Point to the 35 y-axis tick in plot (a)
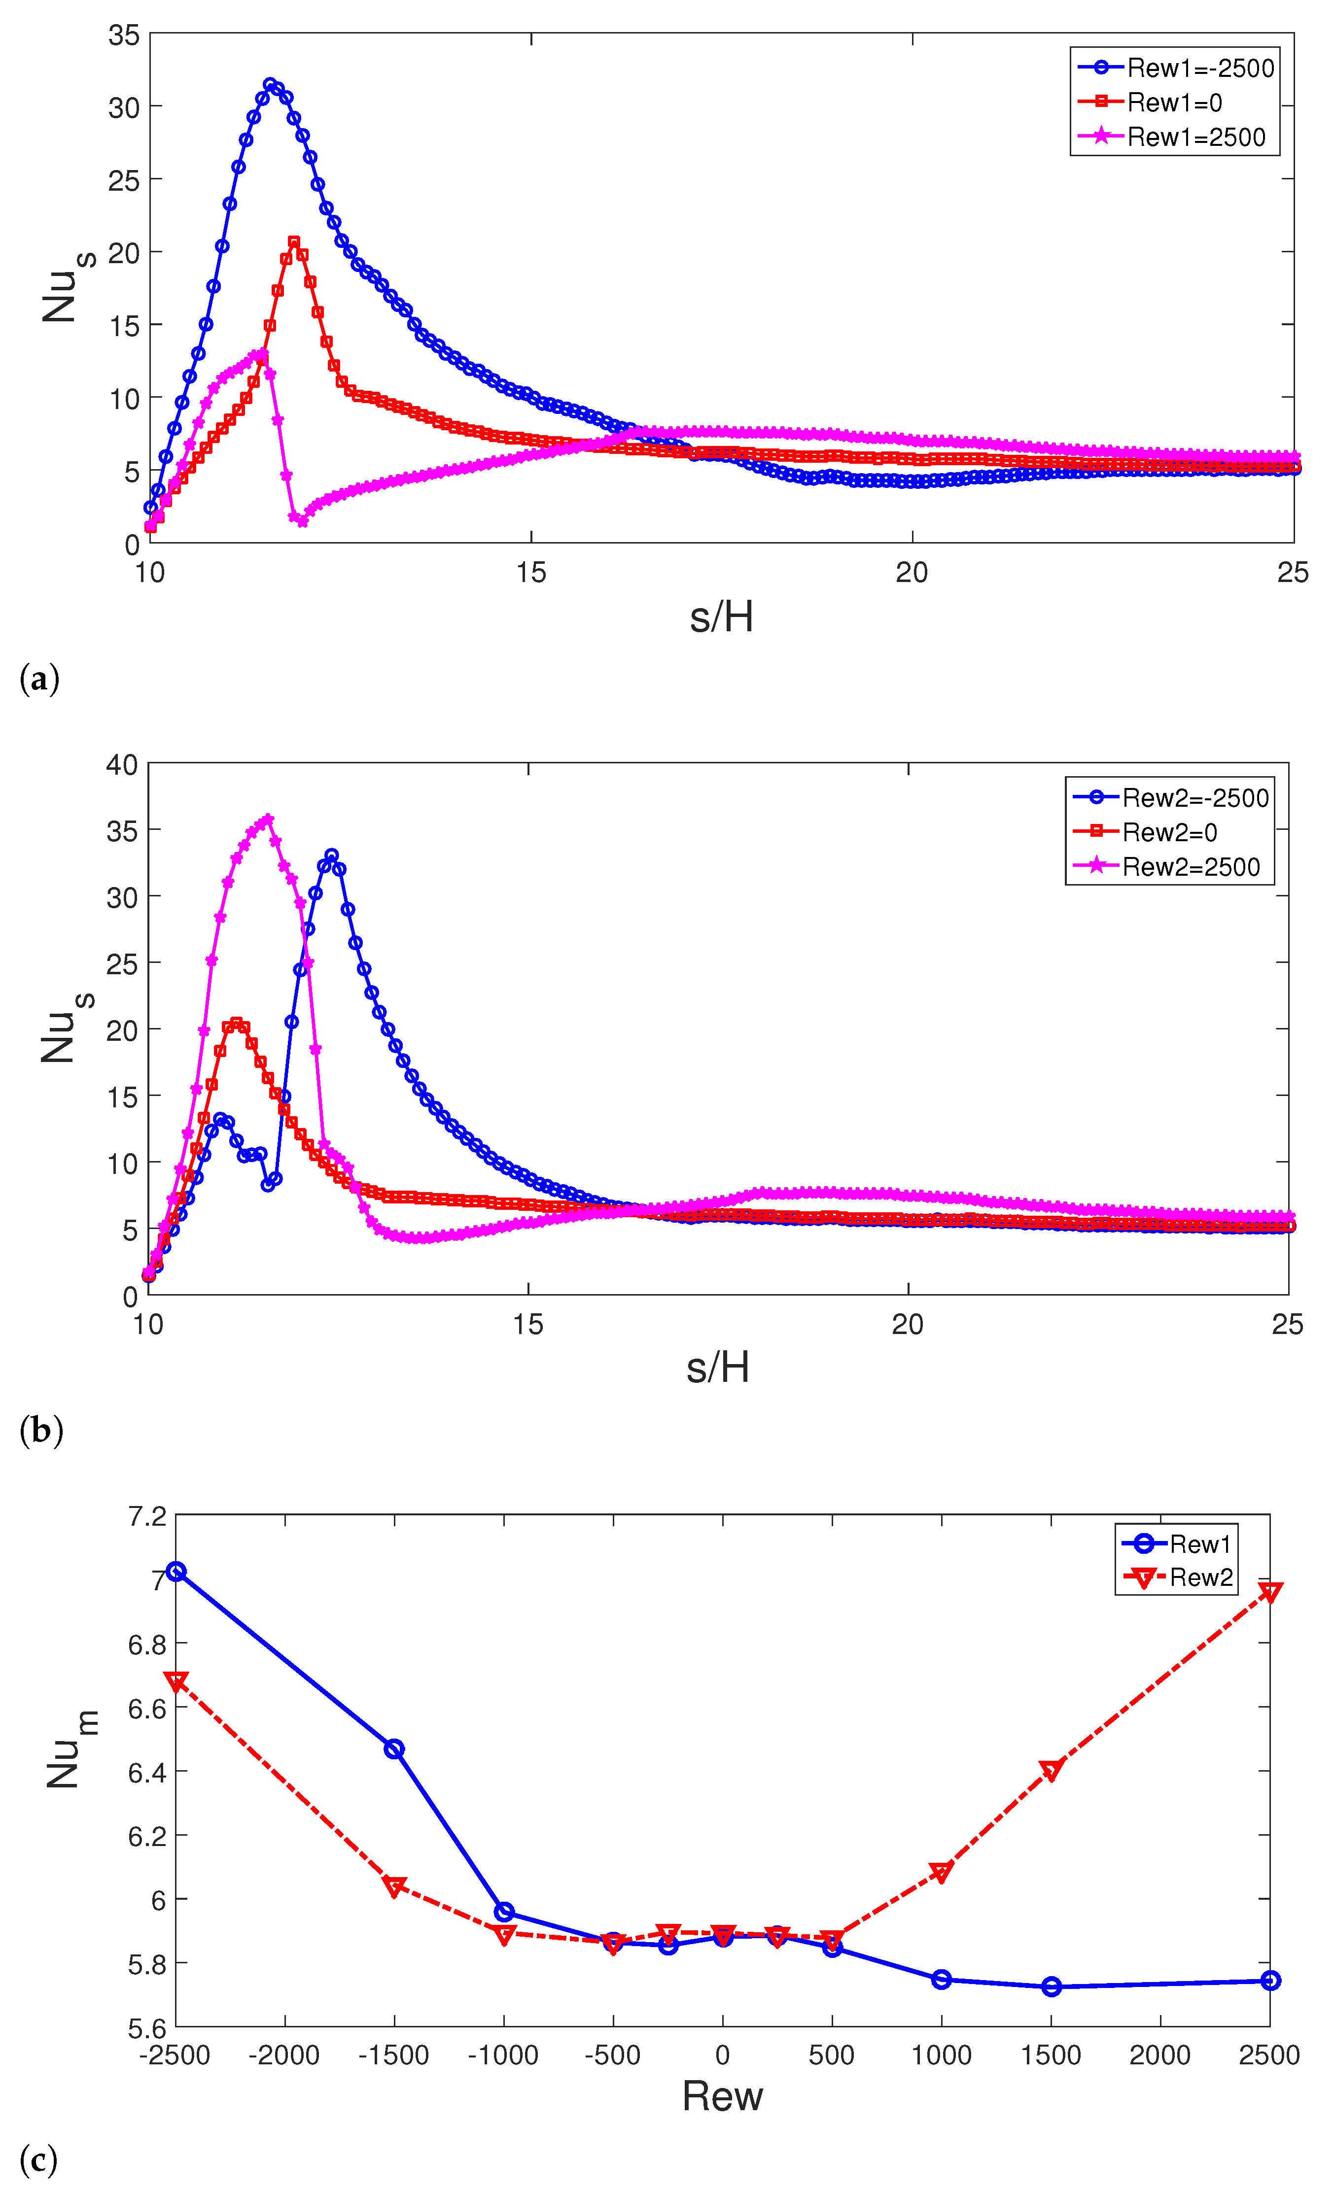tap(124, 35)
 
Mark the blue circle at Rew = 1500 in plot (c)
tap(1051, 1986)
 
